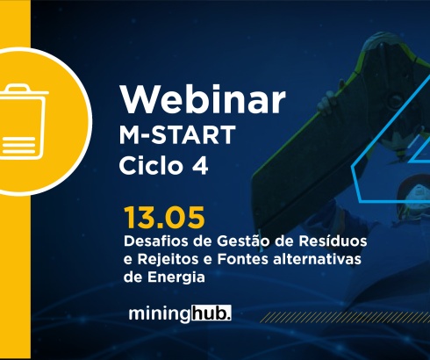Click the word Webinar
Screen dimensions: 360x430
pos(203,99)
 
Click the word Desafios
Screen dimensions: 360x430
pos(154,240)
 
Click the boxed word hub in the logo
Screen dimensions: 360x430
pos(205,313)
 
